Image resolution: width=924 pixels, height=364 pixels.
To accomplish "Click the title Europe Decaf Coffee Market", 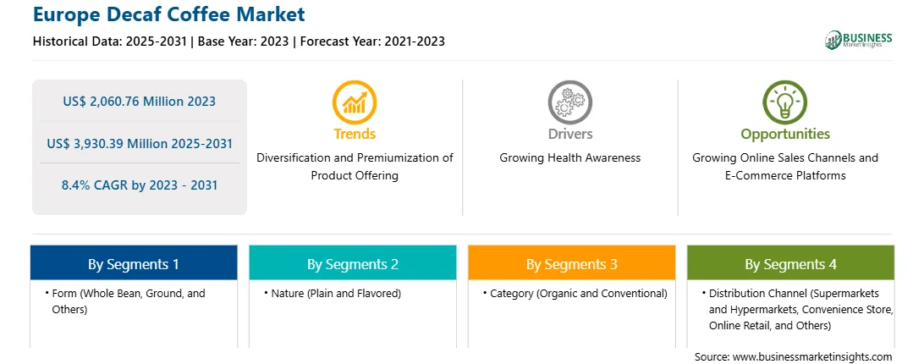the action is point(169,14).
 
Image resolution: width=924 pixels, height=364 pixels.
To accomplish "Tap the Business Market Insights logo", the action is point(859,40).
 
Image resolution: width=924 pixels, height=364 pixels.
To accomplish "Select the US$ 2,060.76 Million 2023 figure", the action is point(140,102).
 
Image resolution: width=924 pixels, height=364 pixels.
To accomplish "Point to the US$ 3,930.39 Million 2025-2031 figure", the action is point(140,143).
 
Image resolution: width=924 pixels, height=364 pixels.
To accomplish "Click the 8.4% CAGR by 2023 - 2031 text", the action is point(140,185).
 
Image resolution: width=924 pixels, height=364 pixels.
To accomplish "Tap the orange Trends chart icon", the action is point(355,102).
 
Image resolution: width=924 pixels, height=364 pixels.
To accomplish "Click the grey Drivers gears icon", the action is point(569,102).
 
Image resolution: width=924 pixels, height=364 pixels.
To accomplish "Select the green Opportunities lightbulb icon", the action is point(785,102).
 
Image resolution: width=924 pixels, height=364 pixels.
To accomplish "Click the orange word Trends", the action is point(355,134).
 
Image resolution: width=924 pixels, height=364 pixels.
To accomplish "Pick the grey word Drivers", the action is point(569,134).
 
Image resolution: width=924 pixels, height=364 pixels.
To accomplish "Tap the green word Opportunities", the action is point(785,134).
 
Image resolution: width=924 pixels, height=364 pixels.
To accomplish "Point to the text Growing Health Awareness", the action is point(569,158).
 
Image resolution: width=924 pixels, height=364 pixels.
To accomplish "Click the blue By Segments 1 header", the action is point(134,263).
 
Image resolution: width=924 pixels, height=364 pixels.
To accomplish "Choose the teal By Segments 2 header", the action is point(352,263).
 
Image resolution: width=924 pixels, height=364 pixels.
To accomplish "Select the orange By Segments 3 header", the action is point(572,263).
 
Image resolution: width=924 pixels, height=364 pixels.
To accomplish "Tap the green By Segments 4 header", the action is point(791,263).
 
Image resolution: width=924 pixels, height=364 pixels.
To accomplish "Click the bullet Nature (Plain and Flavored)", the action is point(333,293).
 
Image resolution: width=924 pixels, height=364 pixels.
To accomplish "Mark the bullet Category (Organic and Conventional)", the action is point(575,293).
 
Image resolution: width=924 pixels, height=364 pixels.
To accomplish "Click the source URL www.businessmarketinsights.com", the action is point(813,357).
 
